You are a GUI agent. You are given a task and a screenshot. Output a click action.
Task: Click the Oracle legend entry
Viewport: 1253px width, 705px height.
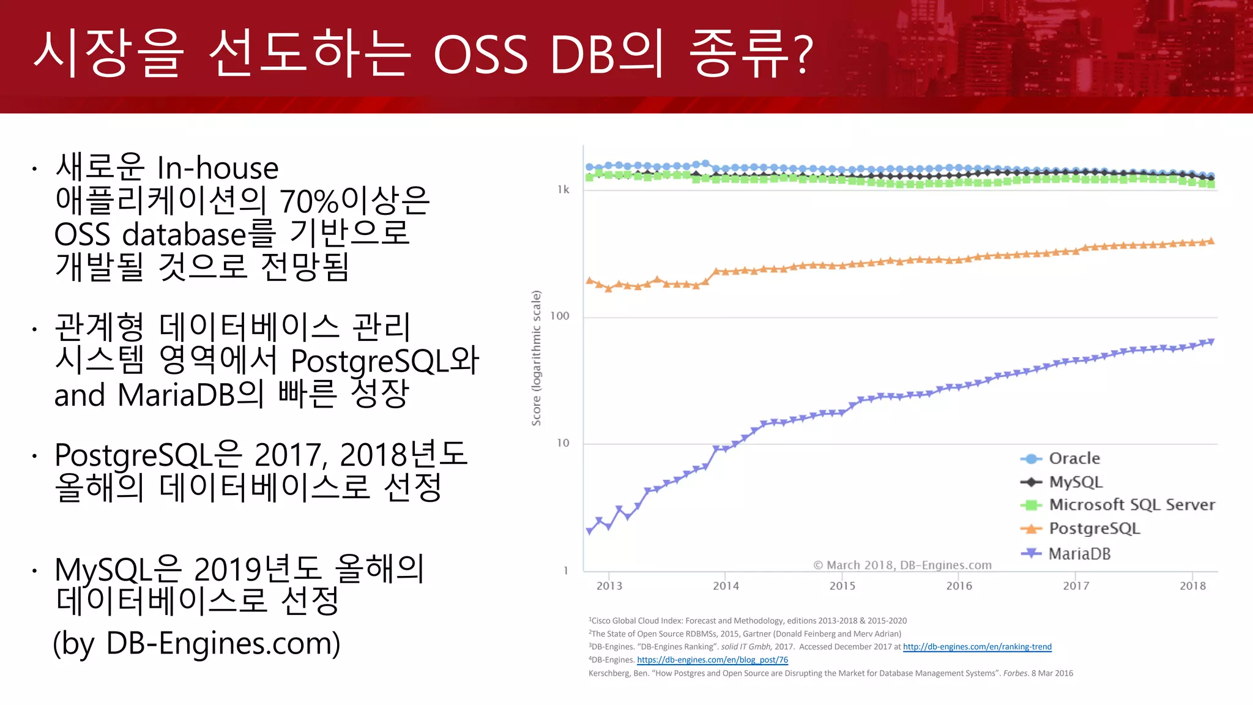tap(1074, 458)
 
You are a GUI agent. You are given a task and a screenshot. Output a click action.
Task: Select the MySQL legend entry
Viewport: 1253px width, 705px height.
tap(1075, 482)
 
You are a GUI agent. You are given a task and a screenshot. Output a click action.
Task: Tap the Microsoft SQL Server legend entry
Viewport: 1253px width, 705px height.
tap(1131, 505)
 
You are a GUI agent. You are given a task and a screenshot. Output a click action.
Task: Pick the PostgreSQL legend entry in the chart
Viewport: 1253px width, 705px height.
tap(1094, 528)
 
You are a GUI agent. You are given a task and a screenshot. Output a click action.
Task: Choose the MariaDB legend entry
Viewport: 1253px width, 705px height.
tap(1079, 554)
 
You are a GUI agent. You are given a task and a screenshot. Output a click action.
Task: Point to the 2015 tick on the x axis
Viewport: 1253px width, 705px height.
tap(842, 586)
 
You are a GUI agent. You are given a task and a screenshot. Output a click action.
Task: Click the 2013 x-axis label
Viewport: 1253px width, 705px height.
tap(609, 586)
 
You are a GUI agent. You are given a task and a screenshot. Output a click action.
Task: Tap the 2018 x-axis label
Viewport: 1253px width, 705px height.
tap(1192, 586)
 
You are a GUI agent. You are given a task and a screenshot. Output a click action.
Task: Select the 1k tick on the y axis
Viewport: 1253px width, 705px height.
tap(563, 190)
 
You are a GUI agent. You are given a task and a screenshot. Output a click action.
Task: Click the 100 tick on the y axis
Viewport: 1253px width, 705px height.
tap(560, 316)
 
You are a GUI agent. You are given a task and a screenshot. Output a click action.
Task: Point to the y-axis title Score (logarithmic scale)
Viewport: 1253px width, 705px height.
tap(537, 358)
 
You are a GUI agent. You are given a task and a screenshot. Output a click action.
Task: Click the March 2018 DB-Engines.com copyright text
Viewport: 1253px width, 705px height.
tap(902, 565)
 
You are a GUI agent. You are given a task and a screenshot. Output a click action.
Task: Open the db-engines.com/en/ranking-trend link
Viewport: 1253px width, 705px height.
tap(977, 647)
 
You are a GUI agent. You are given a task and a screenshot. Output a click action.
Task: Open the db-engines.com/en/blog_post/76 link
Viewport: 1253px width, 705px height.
tap(712, 660)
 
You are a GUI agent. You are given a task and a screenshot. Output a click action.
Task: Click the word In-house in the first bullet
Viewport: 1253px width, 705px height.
tap(218, 168)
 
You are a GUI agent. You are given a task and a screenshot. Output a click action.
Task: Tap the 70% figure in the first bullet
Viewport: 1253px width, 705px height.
tap(309, 201)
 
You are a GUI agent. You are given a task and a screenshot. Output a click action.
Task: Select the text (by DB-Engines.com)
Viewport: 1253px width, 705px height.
tap(196, 643)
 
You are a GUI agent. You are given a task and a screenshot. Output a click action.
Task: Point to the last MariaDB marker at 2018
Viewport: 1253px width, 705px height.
tap(1210, 341)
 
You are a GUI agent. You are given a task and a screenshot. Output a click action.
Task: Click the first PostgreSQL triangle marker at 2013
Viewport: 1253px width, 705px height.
tap(590, 281)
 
